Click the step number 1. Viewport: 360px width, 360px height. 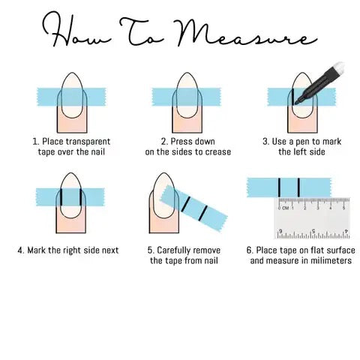(x=35, y=140)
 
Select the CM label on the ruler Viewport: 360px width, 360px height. (x=286, y=208)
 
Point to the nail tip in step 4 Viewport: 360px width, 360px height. (x=71, y=180)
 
